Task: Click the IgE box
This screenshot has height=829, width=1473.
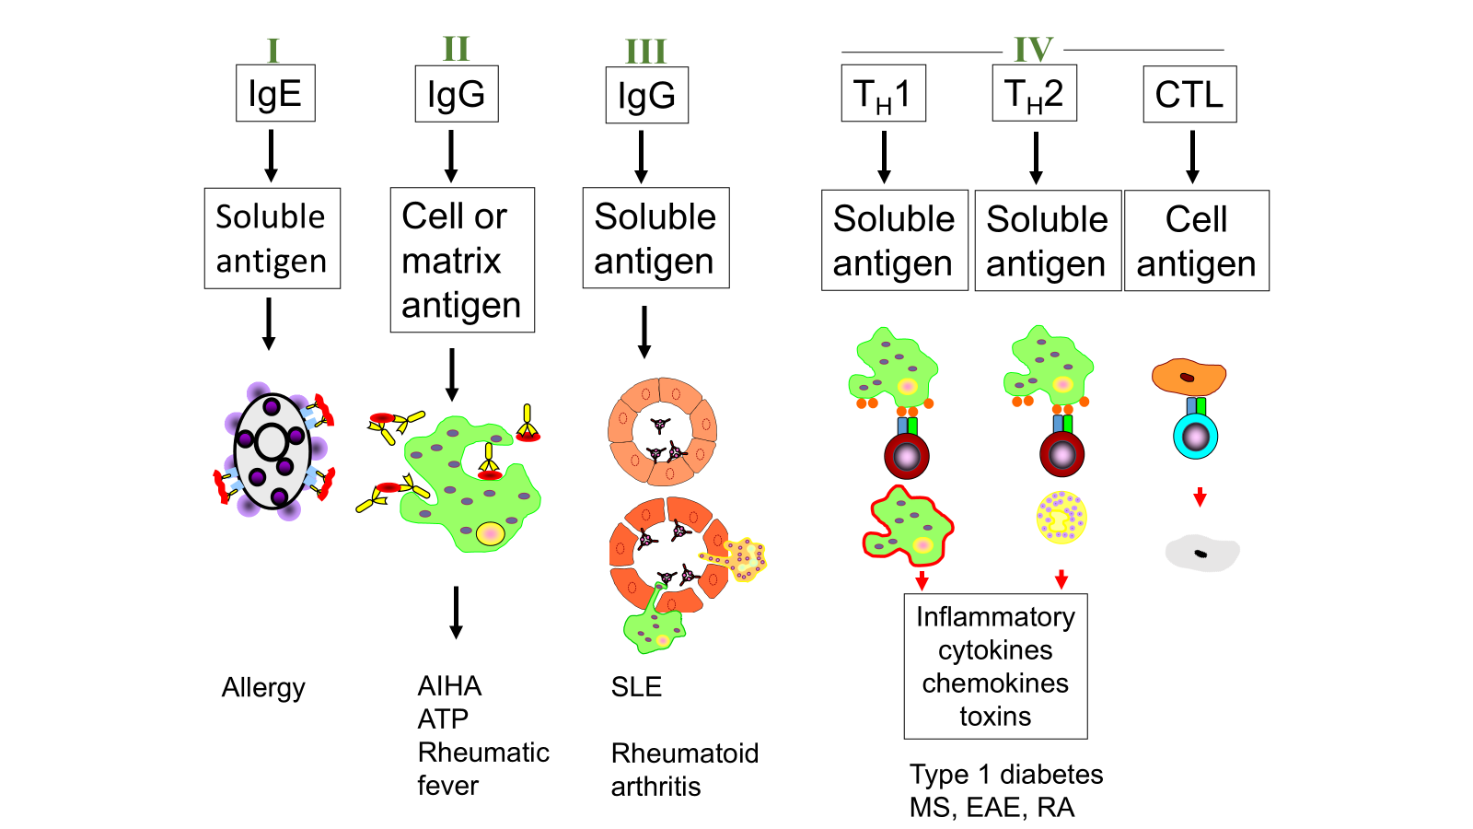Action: [275, 93]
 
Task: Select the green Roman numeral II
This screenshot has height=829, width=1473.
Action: [456, 49]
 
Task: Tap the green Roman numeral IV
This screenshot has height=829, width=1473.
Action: [1033, 50]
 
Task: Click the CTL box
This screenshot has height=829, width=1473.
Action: [1189, 94]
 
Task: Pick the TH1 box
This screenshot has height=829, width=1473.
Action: [883, 93]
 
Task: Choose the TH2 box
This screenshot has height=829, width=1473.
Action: [1034, 93]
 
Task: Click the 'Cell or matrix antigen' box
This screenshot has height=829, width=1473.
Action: [462, 260]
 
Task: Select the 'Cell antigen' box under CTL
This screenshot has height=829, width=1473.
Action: [1196, 240]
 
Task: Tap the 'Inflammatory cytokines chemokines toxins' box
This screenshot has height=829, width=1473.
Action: [995, 666]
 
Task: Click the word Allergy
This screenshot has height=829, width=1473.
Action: [263, 687]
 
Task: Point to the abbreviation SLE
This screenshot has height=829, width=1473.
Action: [636, 687]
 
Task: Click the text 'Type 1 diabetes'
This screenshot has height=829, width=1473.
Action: [1006, 774]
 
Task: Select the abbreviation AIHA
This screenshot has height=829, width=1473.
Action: [449, 686]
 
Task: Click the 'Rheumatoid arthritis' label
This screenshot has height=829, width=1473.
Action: [684, 769]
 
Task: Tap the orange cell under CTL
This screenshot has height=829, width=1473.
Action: [1189, 377]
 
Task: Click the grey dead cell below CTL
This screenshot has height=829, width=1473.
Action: [1201, 553]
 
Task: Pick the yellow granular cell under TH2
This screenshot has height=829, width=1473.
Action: [1061, 517]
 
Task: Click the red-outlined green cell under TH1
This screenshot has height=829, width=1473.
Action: [908, 526]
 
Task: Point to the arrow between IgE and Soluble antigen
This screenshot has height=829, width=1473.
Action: [271, 155]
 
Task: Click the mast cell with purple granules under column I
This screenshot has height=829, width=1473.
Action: [273, 451]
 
